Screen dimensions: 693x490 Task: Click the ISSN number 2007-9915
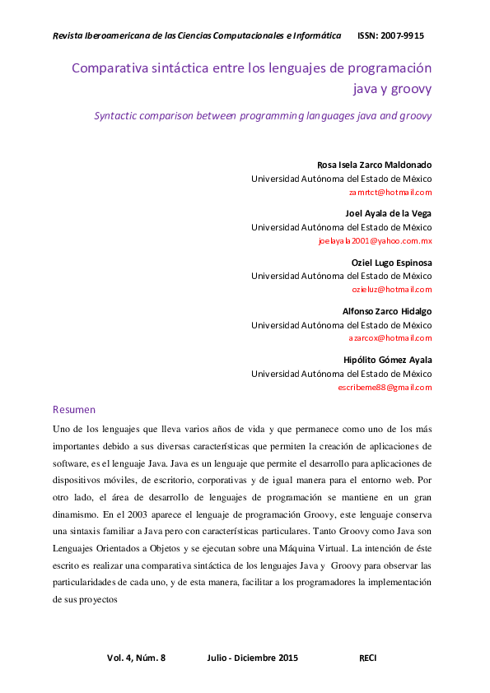[x=403, y=36]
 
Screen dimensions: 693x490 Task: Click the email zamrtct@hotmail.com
[x=390, y=192]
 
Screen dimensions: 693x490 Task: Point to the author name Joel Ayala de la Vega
[x=388, y=212]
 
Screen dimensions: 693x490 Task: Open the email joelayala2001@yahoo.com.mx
[x=375, y=241]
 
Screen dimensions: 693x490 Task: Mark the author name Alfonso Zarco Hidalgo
[x=386, y=311]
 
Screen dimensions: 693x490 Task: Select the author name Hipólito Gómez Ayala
[x=387, y=360]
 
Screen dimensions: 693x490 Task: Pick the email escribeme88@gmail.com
[x=385, y=387]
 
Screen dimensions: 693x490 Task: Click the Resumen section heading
[x=74, y=409]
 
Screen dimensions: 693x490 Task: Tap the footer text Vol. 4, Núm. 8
[x=137, y=658]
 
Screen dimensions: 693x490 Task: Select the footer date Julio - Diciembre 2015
[x=252, y=658]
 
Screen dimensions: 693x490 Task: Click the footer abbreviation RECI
[x=368, y=658]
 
